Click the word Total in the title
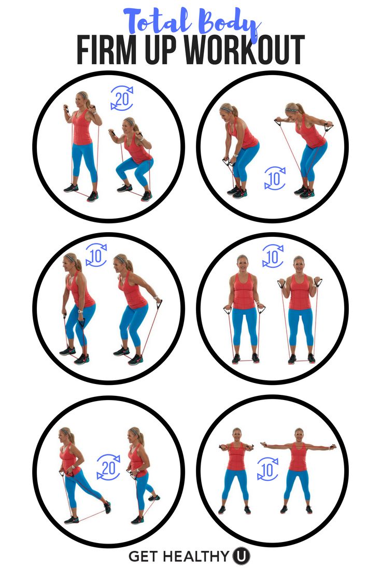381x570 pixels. click(158, 21)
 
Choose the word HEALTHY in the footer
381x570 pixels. click(196, 556)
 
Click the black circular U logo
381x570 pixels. click(241, 556)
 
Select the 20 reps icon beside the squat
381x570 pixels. click(122, 98)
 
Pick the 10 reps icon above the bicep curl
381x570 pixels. click(273, 256)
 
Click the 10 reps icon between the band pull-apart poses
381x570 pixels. click(268, 469)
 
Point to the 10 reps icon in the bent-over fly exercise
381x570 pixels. click(275, 178)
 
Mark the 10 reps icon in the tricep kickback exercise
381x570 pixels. click(96, 256)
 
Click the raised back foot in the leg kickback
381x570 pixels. click(107, 507)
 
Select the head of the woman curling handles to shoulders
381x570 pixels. click(299, 263)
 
